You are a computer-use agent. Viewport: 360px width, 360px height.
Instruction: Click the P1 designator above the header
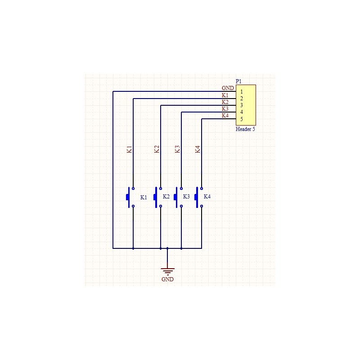[x=238, y=81]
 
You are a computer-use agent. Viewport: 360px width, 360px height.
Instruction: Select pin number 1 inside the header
[x=242, y=92]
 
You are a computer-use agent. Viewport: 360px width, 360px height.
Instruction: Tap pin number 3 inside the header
[x=242, y=105]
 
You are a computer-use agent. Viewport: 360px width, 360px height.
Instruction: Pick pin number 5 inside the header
[x=242, y=119]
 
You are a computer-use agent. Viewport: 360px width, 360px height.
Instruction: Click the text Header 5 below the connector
[x=245, y=129]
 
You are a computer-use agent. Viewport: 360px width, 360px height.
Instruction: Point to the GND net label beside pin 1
[x=228, y=88]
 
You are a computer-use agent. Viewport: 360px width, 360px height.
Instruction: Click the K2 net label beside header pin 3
[x=225, y=102]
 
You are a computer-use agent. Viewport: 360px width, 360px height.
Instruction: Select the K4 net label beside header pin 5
[x=225, y=116]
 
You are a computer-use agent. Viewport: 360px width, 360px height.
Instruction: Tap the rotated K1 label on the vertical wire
[x=130, y=149]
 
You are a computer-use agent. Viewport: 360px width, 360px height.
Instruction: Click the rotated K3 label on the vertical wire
[x=177, y=149]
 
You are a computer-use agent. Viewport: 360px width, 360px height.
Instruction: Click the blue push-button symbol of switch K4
[x=198, y=197]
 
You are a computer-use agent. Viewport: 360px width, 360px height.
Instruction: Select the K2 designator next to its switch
[x=166, y=197]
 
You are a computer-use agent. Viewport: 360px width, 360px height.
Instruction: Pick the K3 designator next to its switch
[x=186, y=197]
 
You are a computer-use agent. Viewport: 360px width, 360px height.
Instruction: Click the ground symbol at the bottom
[x=167, y=272]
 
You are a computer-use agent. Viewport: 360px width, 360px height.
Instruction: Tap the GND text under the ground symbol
[x=167, y=279]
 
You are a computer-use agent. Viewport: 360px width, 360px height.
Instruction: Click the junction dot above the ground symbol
[x=167, y=248]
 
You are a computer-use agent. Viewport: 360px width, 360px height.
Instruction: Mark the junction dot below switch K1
[x=133, y=248]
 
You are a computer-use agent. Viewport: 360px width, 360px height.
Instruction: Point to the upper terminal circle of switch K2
[x=161, y=189]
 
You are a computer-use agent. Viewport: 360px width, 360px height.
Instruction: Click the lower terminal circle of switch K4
[x=202, y=206]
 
